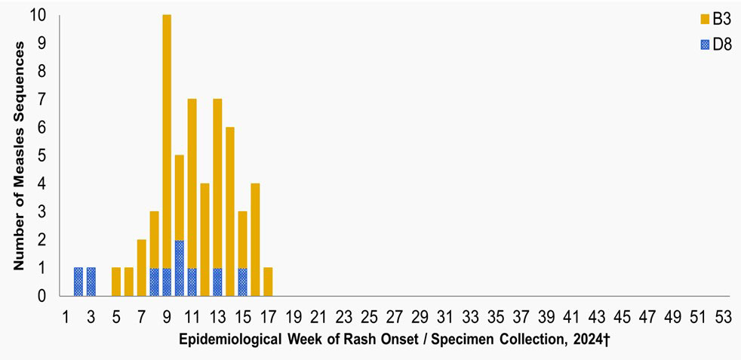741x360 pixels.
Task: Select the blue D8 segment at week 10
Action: pos(180,268)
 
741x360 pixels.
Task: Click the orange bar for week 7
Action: pos(141,268)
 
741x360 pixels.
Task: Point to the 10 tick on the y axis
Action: pos(38,16)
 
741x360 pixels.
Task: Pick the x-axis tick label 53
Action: pos(723,316)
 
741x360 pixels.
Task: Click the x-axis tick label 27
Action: pos(395,316)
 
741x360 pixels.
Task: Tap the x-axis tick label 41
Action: pos(571,316)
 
